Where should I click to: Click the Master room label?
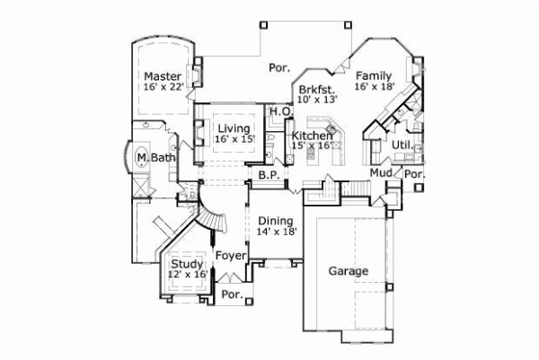[x=163, y=76]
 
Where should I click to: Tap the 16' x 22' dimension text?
[x=163, y=87]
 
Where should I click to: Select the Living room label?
[x=233, y=128]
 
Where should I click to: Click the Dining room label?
[x=277, y=221]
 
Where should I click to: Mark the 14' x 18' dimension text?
[x=277, y=232]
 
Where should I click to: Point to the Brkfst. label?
[x=317, y=89]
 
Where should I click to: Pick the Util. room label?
[x=401, y=145]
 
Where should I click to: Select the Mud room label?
[x=380, y=171]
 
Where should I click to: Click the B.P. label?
[x=267, y=175]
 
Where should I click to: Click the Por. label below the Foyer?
[x=232, y=294]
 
